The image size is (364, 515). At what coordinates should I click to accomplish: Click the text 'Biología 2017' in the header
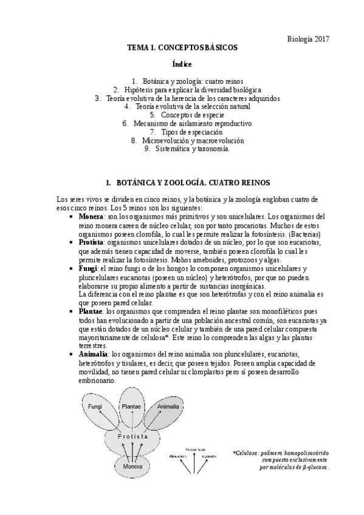click(308, 38)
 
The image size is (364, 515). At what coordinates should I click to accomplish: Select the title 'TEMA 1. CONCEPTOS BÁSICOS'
click(182, 47)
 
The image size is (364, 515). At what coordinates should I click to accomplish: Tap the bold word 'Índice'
click(182, 64)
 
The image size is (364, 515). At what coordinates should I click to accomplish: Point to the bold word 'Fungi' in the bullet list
click(88, 268)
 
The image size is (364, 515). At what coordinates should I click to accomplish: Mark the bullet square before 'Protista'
click(72, 243)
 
